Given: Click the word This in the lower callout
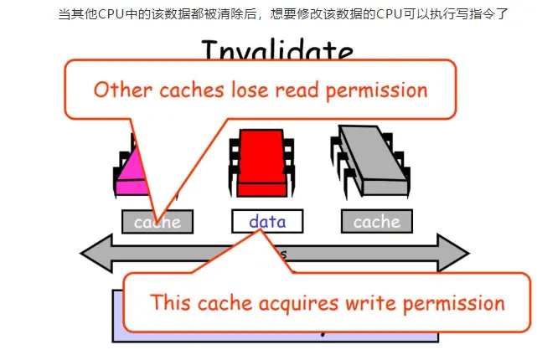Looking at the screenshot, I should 172,303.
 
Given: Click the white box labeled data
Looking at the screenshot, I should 267,222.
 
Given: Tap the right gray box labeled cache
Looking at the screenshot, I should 377,222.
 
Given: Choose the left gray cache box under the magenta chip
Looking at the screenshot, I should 157,223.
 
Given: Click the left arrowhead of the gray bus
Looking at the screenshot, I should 94,253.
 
